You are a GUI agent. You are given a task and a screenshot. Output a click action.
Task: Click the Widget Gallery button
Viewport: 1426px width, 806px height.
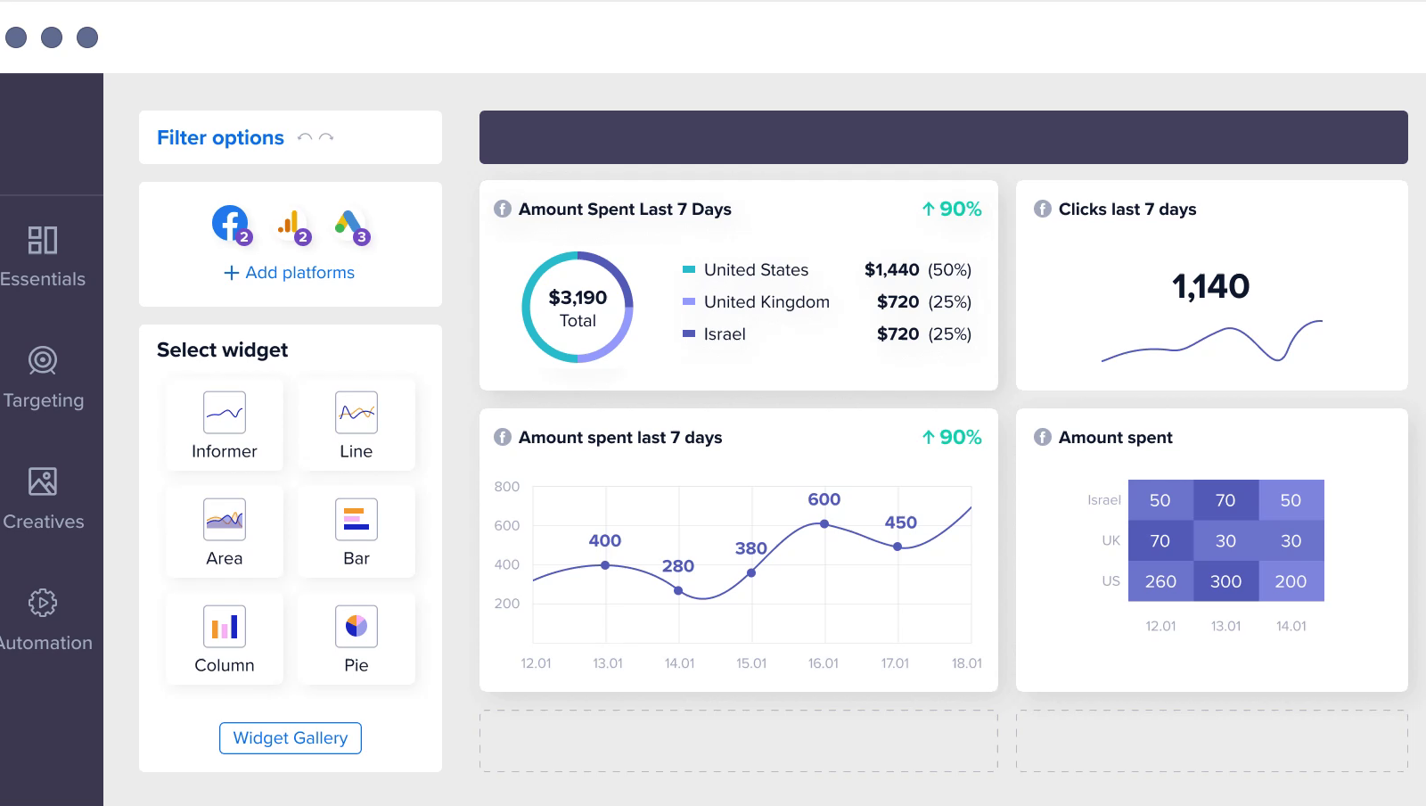click(x=291, y=738)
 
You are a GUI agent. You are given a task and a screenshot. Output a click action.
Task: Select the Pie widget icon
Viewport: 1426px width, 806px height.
click(x=356, y=627)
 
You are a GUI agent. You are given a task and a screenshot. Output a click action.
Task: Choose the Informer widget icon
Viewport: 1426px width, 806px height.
click(x=225, y=413)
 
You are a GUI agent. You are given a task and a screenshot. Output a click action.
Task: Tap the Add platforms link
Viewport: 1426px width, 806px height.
click(x=290, y=273)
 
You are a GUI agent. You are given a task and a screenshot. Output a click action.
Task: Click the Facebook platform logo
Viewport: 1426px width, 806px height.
click(x=230, y=223)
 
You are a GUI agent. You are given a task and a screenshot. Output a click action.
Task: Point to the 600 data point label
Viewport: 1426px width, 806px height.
click(x=824, y=499)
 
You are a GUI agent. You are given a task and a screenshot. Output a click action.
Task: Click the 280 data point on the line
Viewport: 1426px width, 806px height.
click(x=678, y=591)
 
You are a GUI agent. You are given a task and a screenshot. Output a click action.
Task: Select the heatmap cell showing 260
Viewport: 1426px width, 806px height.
click(x=1160, y=581)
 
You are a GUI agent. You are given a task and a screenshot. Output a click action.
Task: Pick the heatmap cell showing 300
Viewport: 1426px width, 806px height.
click(x=1225, y=581)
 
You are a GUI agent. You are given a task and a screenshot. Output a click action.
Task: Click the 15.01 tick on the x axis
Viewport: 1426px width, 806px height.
click(x=751, y=663)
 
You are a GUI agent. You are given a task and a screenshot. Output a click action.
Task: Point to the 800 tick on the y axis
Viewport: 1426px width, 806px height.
click(x=507, y=487)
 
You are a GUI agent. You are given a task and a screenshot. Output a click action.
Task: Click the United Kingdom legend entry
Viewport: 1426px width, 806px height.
click(x=766, y=302)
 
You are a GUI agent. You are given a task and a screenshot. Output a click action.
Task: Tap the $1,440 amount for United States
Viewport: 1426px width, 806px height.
click(x=891, y=270)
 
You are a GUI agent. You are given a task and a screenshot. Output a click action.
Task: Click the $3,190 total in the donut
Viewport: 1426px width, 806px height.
click(x=578, y=298)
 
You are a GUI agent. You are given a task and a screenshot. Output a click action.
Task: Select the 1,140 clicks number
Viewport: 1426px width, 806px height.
click(x=1210, y=286)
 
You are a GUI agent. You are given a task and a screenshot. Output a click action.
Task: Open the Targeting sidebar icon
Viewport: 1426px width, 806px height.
click(x=43, y=360)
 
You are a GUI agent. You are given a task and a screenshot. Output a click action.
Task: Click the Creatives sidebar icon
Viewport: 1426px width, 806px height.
click(x=43, y=481)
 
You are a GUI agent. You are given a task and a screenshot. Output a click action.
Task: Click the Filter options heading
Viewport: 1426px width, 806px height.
click(x=220, y=138)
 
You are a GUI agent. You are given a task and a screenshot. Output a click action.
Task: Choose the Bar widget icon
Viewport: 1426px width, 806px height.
click(x=356, y=520)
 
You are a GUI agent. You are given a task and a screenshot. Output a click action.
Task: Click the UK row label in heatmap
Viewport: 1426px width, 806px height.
click(x=1110, y=540)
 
